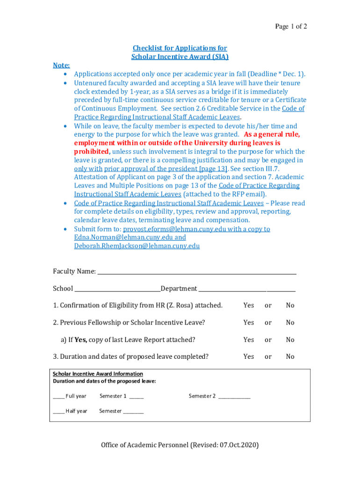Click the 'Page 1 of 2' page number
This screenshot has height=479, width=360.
[291, 27]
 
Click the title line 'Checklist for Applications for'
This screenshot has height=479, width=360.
[180, 48]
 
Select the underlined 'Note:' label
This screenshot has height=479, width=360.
[61, 65]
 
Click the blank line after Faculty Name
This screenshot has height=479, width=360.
[196, 272]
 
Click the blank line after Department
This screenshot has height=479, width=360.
[247, 289]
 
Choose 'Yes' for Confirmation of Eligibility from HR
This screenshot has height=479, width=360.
[249, 305]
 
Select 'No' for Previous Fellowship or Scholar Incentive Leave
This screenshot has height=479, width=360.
[290, 322]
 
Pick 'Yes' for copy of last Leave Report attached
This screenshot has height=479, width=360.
[249, 340]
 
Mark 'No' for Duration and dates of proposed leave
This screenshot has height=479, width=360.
[290, 356]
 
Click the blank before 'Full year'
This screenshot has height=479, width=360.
[58, 397]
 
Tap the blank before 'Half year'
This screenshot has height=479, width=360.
[58, 412]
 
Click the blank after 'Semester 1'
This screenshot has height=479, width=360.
[137, 397]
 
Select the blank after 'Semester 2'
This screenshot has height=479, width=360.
[234, 397]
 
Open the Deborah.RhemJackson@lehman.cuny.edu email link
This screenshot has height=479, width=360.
[137, 246]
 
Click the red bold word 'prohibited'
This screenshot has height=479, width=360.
[91, 152]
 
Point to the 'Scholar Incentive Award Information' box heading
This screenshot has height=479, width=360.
[98, 374]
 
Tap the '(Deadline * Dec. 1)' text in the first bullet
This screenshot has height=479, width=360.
[276, 74]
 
